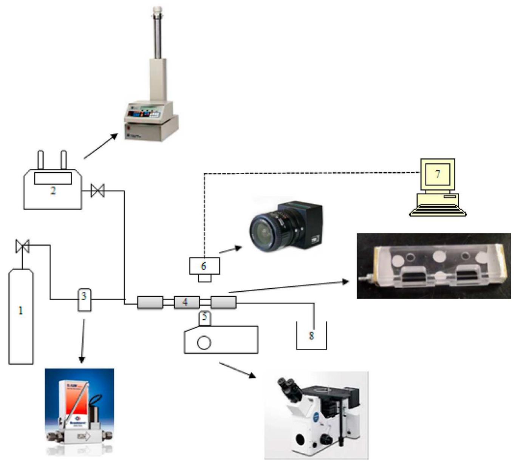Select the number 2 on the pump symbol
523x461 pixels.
(x=53, y=191)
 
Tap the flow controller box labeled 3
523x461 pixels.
(x=84, y=300)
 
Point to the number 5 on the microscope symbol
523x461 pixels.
(x=204, y=317)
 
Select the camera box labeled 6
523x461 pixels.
(x=204, y=266)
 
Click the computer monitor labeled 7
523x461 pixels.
(x=438, y=174)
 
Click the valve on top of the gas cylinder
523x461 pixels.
(x=22, y=246)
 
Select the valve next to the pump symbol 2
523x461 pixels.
(x=98, y=190)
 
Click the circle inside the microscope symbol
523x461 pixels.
(x=204, y=343)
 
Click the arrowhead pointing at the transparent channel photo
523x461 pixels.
(x=345, y=282)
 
